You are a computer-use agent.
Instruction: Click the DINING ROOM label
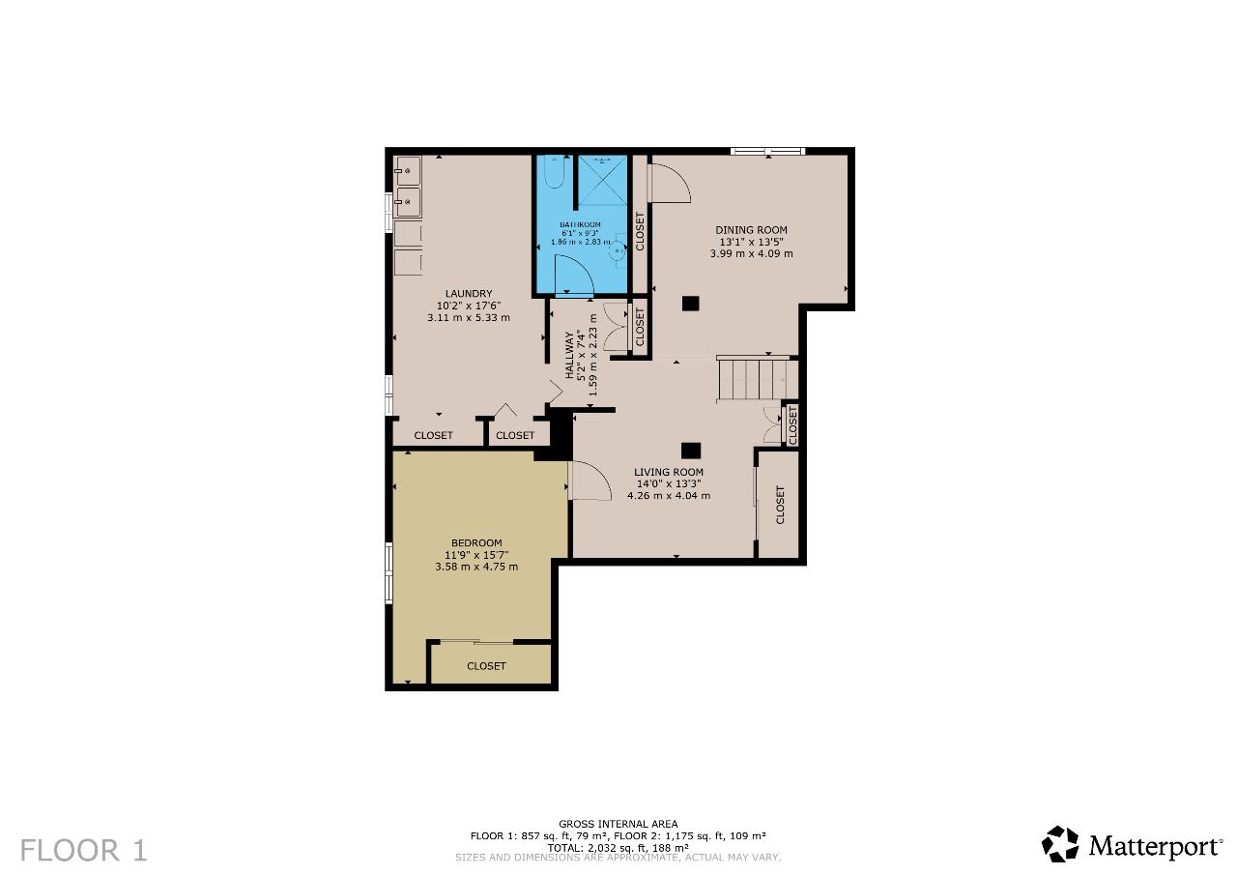[x=751, y=230]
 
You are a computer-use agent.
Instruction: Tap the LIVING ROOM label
[x=668, y=472]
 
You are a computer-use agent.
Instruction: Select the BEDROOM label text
[x=476, y=543]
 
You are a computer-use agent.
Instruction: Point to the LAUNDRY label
[x=469, y=294]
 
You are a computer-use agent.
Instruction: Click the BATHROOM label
[x=580, y=225]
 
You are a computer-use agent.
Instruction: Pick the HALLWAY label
[x=569, y=355]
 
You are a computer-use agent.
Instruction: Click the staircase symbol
[x=758, y=379]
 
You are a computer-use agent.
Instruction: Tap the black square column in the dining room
[x=690, y=304]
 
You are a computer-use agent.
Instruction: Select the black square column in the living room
[x=690, y=451]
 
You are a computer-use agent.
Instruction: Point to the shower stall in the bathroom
[x=602, y=181]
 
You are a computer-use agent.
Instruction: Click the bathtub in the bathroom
[x=554, y=172]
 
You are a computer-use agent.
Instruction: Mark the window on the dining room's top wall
[x=767, y=151]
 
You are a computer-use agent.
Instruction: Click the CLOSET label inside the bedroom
[x=486, y=666]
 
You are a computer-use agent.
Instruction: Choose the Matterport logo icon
[x=1060, y=844]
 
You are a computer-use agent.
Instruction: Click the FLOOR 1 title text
[x=84, y=850]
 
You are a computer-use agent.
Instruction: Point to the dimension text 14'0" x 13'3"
[x=668, y=483]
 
